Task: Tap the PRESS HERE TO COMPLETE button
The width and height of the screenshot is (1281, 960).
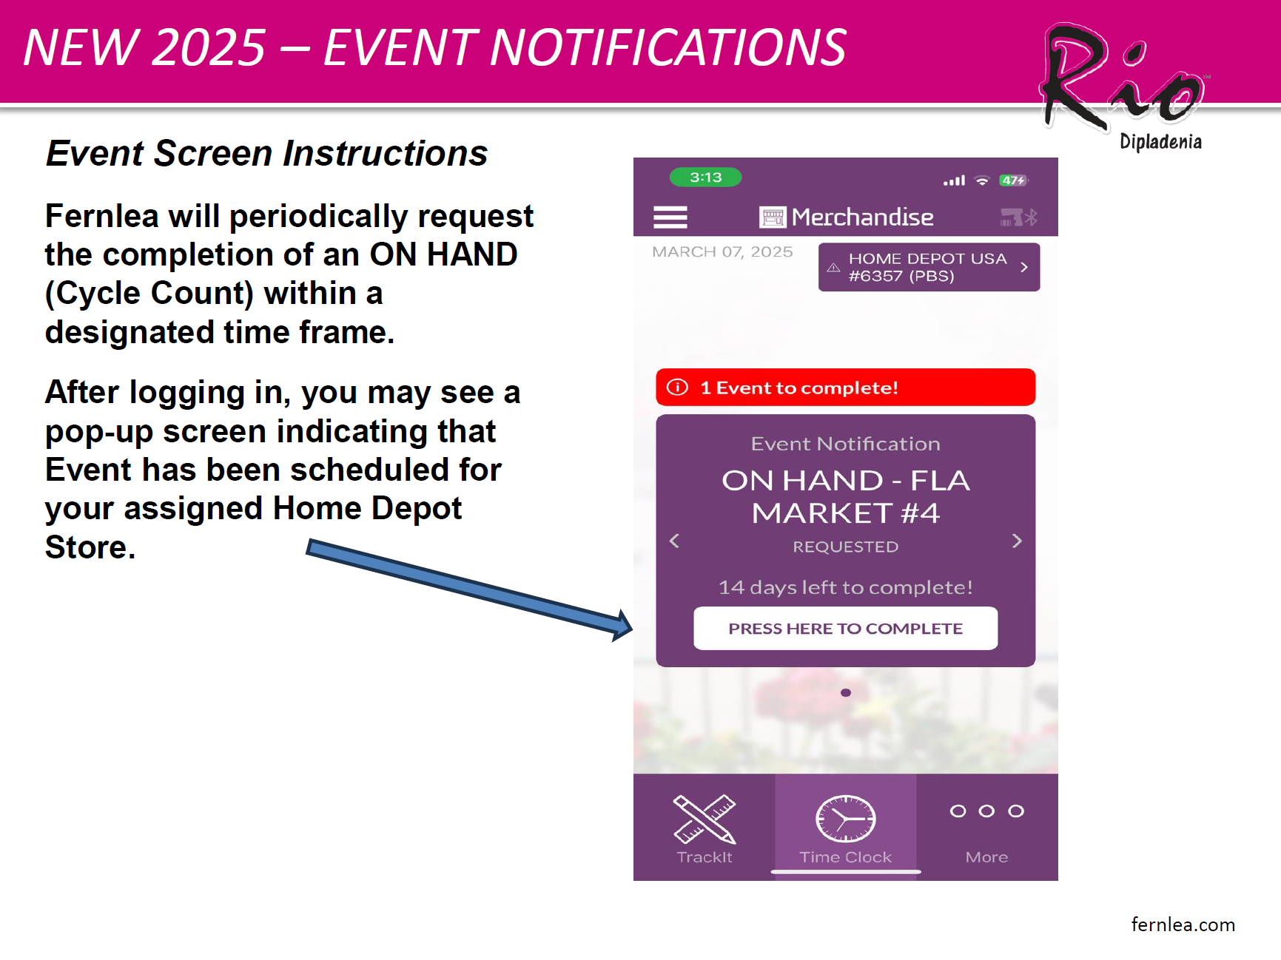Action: [x=845, y=629]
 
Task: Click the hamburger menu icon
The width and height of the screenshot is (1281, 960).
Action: [x=670, y=217]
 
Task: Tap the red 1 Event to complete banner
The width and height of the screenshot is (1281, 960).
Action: [x=845, y=388]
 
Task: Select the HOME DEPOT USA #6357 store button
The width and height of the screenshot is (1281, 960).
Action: [x=929, y=267]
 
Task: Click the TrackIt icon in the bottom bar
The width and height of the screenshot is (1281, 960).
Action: [x=705, y=819]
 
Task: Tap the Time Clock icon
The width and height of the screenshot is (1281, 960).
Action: [x=846, y=819]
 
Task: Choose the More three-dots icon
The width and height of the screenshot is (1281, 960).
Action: [x=987, y=811]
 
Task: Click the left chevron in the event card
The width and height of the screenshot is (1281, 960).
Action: [x=674, y=541]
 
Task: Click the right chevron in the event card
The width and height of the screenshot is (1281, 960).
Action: [x=1017, y=541]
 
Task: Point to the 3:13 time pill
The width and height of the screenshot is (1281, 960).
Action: [x=705, y=178]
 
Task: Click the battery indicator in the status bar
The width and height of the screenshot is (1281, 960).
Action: [x=1013, y=180]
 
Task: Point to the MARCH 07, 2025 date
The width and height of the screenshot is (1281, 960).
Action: [x=722, y=252]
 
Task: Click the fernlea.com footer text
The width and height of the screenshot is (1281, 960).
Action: [x=1183, y=924]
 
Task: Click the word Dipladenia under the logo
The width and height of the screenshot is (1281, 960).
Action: [x=1160, y=141]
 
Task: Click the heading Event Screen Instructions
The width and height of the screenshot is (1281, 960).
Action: [x=266, y=154]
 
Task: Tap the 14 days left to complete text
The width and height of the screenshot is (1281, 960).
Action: [x=845, y=587]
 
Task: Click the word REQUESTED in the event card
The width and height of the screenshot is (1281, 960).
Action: [x=845, y=547]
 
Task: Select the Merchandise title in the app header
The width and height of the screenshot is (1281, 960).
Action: [x=862, y=217]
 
